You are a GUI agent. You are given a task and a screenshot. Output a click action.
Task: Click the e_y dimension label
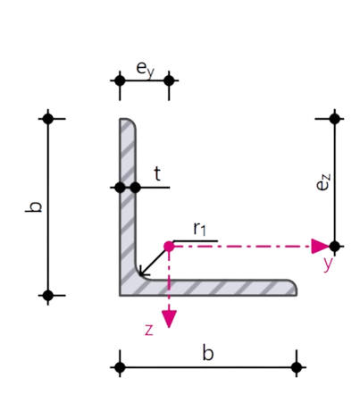(146, 70)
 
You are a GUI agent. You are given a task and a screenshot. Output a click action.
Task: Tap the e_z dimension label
(323, 182)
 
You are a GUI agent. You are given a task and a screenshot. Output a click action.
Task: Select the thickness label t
(157, 174)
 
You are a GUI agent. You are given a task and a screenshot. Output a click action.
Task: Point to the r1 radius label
(199, 230)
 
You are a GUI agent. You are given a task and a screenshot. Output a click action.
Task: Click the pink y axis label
(328, 264)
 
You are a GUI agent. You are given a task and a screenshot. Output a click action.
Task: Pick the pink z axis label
(149, 330)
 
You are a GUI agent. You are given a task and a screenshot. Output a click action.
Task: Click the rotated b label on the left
(33, 207)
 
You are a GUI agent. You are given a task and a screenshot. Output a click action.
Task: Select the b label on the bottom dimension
(208, 353)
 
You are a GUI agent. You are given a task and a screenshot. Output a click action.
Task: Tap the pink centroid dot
(169, 247)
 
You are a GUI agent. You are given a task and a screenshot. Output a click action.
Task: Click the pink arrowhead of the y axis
(320, 247)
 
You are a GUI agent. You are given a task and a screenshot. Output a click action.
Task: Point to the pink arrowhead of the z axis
(169, 319)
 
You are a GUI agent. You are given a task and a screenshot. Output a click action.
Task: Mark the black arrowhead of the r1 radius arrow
(144, 272)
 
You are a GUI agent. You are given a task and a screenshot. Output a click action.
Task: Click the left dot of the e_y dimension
(120, 80)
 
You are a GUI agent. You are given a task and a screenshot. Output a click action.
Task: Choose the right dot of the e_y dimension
(169, 80)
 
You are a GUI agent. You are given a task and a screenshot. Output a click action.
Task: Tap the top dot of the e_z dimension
(335, 119)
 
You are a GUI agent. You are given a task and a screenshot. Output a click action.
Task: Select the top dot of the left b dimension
(48, 119)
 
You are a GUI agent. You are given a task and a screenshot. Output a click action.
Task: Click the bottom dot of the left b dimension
(48, 296)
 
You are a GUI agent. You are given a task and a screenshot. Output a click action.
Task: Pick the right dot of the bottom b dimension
(297, 367)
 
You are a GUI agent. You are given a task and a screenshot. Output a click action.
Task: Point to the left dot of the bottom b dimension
(120, 367)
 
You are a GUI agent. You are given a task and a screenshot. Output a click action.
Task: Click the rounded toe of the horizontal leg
(294, 287)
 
